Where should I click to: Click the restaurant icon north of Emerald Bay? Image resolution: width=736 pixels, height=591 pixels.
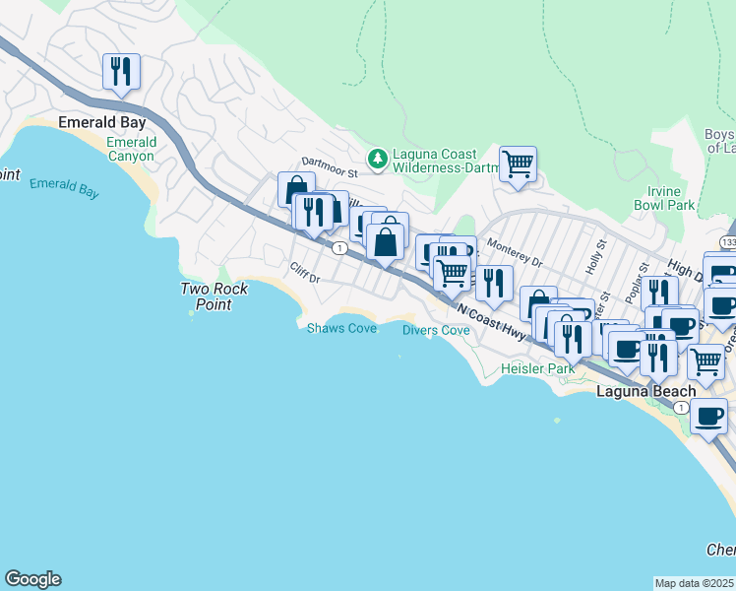click(x=121, y=71)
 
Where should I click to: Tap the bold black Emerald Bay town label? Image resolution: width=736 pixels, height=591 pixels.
click(x=102, y=123)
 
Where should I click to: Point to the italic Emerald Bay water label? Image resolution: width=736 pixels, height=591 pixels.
click(x=64, y=188)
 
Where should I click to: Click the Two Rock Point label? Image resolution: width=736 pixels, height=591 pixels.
click(x=214, y=296)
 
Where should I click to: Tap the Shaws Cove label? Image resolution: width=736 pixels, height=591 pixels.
click(x=341, y=328)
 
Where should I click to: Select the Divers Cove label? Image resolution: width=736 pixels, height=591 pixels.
click(x=436, y=330)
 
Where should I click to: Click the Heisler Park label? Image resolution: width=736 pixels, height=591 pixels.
click(x=536, y=368)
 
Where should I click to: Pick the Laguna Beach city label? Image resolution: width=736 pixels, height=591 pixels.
click(x=646, y=391)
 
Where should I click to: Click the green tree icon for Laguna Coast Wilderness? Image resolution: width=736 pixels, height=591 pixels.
click(x=376, y=158)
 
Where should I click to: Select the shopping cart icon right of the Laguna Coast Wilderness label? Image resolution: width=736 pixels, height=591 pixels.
click(x=518, y=164)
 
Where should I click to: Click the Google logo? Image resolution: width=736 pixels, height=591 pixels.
click(x=32, y=579)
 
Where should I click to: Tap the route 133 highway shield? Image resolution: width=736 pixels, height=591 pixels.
click(x=727, y=241)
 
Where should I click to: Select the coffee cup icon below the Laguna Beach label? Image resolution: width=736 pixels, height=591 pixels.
click(x=707, y=416)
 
